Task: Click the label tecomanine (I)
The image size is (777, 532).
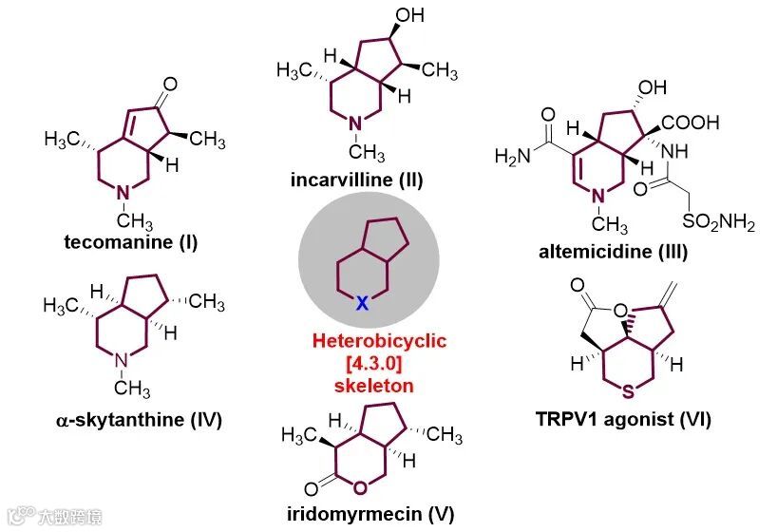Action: pos(131,241)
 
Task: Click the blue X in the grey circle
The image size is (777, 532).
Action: pos(362,302)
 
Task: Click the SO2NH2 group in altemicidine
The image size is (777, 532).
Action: pos(718,223)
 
